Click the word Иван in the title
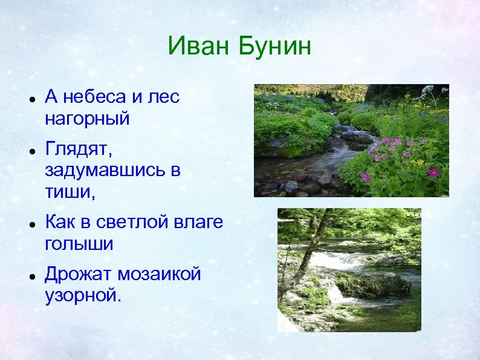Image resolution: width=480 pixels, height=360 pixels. click(200, 46)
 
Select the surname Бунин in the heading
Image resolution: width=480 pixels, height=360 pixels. click(275, 46)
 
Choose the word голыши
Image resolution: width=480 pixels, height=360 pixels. click(79, 243)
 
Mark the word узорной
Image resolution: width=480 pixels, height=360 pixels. click(83, 295)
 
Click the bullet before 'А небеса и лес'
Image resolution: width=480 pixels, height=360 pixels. click(30, 97)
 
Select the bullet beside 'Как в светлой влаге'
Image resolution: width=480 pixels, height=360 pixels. click(30, 223)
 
